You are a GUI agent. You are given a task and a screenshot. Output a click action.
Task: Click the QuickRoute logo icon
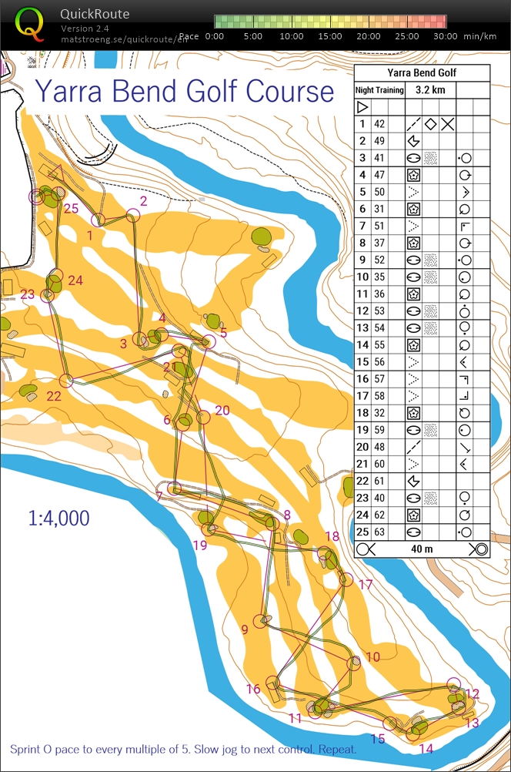pyautogui.click(x=30, y=23)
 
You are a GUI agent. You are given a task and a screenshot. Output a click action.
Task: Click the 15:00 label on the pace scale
pyautogui.click(x=331, y=36)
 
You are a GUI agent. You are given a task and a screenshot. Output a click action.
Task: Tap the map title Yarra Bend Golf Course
pyautogui.click(x=185, y=91)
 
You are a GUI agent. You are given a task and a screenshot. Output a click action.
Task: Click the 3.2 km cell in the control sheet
pyautogui.click(x=430, y=90)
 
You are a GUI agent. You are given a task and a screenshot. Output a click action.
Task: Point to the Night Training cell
pyautogui.click(x=379, y=90)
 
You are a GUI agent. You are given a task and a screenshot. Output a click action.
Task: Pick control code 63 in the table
pyautogui.click(x=379, y=532)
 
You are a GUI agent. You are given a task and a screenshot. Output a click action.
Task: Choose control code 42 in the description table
pyautogui.click(x=379, y=124)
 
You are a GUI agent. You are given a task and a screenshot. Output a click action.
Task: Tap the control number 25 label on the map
pyautogui.click(x=72, y=208)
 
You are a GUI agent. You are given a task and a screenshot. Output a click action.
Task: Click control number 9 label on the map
pyautogui.click(x=245, y=629)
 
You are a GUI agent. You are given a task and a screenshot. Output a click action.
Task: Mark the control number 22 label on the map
pyautogui.click(x=54, y=396)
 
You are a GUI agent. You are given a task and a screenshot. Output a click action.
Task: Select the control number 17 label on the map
pyautogui.click(x=365, y=585)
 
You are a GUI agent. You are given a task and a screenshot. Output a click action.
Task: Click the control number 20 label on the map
pyautogui.click(x=222, y=411)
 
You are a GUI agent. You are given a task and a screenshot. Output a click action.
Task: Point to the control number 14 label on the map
pyautogui.click(x=426, y=748)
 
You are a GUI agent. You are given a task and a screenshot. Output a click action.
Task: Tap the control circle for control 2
pyautogui.click(x=133, y=216)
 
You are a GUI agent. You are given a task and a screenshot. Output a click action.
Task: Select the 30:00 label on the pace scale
pyautogui.click(x=445, y=36)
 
